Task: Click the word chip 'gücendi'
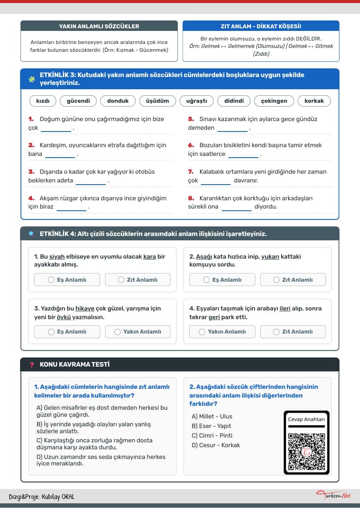78,101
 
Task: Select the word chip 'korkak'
314,101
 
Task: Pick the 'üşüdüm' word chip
157,101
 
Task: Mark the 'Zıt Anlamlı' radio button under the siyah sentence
121,280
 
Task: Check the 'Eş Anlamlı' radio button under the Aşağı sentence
207,280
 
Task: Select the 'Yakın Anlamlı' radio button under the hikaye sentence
118,332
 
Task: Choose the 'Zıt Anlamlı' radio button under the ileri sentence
276,332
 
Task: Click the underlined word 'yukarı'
270,256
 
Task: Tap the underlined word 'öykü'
64,317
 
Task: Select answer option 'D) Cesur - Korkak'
216,445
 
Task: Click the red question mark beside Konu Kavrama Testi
31,365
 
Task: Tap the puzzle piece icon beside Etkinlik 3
31,79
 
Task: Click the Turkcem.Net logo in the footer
333,495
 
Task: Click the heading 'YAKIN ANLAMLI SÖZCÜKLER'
99,26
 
